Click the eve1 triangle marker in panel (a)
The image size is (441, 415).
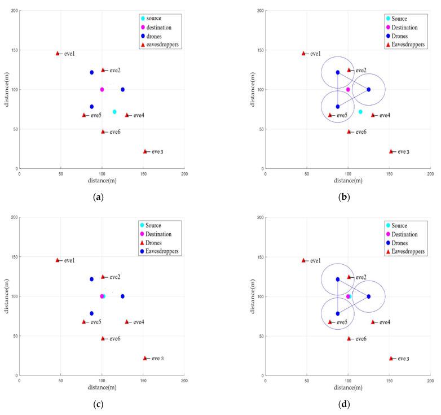point(58,54)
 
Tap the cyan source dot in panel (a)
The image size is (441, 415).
point(114,112)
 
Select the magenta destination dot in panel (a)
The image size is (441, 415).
point(102,89)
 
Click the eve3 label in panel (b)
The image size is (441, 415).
point(403,151)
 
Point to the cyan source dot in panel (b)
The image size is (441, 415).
point(360,112)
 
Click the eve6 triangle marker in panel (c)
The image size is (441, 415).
point(103,339)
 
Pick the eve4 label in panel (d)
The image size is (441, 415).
point(385,322)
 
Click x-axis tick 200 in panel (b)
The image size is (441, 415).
point(430,174)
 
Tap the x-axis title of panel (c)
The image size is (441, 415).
point(102,387)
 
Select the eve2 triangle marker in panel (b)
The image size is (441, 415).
point(349,70)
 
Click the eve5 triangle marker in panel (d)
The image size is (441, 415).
point(330,322)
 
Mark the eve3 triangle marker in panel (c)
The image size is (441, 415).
point(145,358)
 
